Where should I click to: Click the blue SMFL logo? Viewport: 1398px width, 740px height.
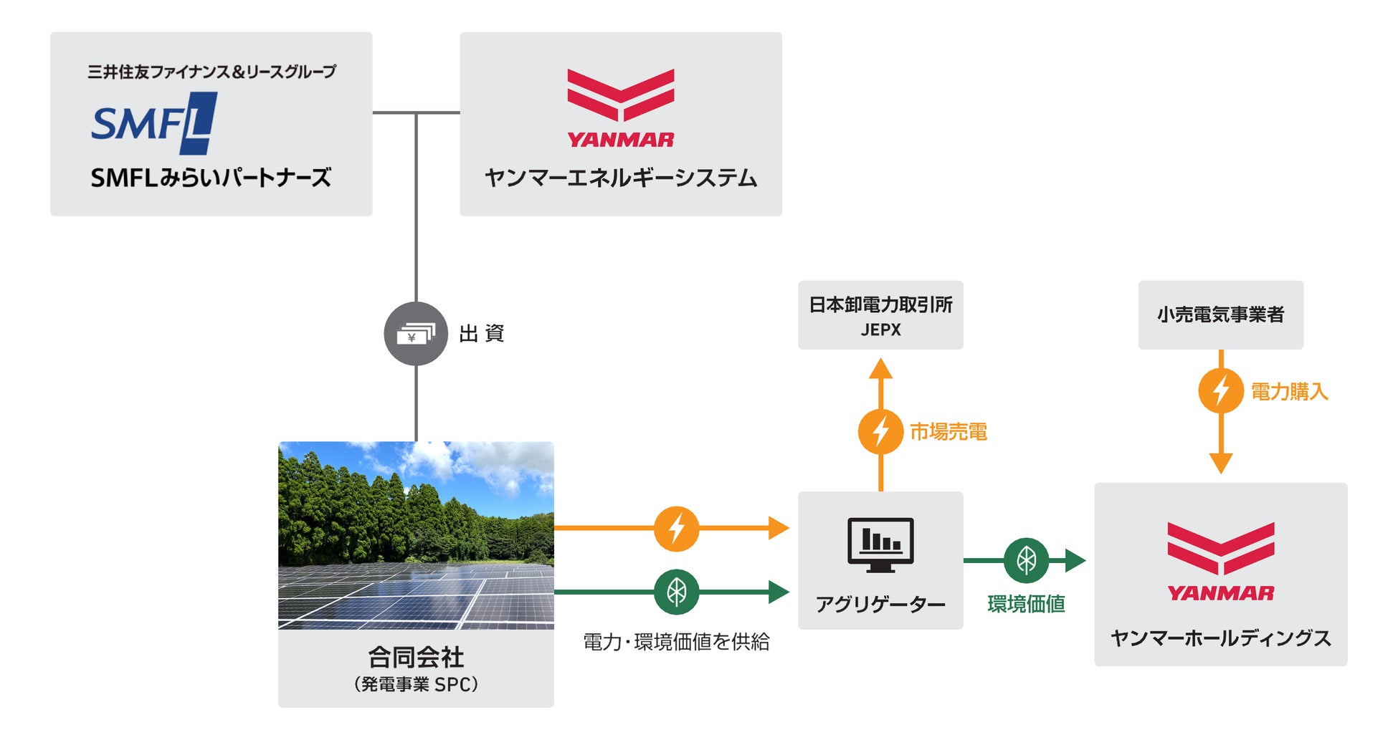[x=153, y=123]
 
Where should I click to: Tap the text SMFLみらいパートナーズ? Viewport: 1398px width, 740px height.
[x=211, y=178]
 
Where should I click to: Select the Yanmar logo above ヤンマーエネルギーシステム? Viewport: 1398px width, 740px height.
[x=620, y=108]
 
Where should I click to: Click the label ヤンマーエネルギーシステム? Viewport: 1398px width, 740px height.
[x=620, y=178]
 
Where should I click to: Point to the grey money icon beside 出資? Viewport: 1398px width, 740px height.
[x=416, y=334]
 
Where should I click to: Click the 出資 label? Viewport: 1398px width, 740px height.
[x=482, y=334]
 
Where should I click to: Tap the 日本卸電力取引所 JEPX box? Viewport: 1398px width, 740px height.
[x=880, y=315]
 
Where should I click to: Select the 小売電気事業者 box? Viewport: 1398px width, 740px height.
[x=1220, y=315]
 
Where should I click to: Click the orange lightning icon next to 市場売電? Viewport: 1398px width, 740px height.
[x=880, y=431]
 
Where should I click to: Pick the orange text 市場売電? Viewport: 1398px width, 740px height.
[x=948, y=432]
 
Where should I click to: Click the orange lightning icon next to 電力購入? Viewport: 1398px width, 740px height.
[x=1220, y=390]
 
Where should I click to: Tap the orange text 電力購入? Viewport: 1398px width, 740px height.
[x=1289, y=392]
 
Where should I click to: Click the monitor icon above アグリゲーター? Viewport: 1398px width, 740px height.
[x=880, y=544]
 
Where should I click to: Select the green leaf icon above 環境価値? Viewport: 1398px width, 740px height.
[x=1026, y=560]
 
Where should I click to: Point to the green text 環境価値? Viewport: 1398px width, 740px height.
[x=1026, y=604]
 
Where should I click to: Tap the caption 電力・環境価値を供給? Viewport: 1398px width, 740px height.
[x=676, y=642]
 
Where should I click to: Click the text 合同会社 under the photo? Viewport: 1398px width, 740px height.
[x=416, y=657]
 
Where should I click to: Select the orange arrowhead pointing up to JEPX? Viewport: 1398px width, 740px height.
[x=880, y=369]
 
